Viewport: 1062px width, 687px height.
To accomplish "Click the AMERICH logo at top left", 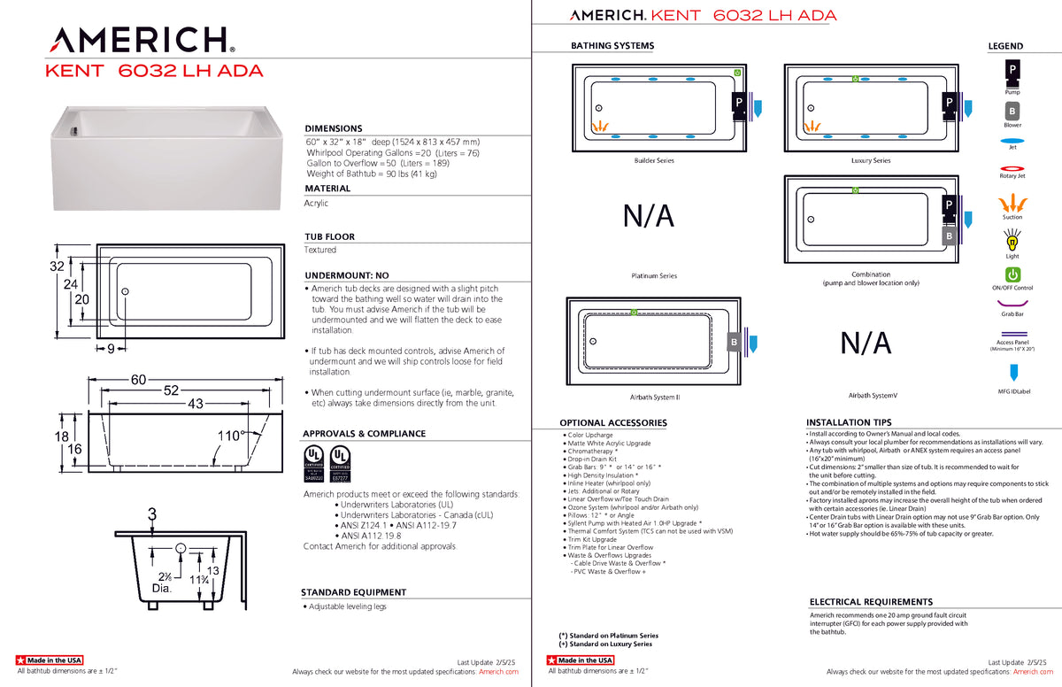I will (x=141, y=40).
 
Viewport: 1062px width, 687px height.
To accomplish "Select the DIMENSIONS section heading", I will (x=334, y=128).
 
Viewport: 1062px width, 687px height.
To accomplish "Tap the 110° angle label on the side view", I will (x=231, y=436).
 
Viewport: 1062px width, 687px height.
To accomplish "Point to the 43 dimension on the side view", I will (x=194, y=404).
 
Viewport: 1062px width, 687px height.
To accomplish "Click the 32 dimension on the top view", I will (x=57, y=266).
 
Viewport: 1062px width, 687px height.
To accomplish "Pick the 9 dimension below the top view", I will (x=111, y=349).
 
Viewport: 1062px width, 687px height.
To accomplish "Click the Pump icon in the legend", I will (x=1012, y=69).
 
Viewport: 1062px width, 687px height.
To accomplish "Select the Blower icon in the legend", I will (x=1012, y=112).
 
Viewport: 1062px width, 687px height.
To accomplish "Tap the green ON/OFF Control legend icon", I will (x=1012, y=275).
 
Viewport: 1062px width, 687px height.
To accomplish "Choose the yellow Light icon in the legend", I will (x=1012, y=240).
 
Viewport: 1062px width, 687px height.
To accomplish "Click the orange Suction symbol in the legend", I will (x=1012, y=201).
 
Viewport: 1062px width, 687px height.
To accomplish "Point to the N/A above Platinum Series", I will (x=648, y=215).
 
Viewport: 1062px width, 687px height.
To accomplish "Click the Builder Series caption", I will (x=654, y=161).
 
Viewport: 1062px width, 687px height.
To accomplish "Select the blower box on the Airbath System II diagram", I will (x=734, y=342).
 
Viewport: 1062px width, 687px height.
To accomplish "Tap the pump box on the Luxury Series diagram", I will (x=949, y=104).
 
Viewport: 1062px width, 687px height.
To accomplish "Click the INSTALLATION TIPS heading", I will (x=849, y=422).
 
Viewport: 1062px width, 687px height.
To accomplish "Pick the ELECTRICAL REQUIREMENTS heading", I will (x=871, y=602).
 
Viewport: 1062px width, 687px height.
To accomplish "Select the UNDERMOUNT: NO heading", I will (x=346, y=275).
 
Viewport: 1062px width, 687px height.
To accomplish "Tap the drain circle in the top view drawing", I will (x=126, y=291).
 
